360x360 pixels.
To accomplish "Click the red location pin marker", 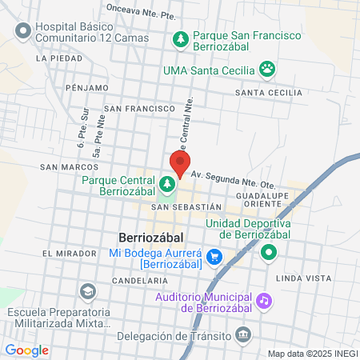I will (179, 163).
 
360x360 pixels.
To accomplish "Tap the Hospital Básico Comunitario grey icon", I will (22, 31).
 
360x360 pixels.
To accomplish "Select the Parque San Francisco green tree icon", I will (182, 38).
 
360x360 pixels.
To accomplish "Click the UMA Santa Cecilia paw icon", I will (266, 70).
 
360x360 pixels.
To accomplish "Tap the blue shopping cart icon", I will (214, 257).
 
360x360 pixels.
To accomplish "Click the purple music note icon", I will (264, 301).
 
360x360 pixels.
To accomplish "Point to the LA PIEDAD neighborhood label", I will (59, 58).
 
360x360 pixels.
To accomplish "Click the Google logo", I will (26, 350).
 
